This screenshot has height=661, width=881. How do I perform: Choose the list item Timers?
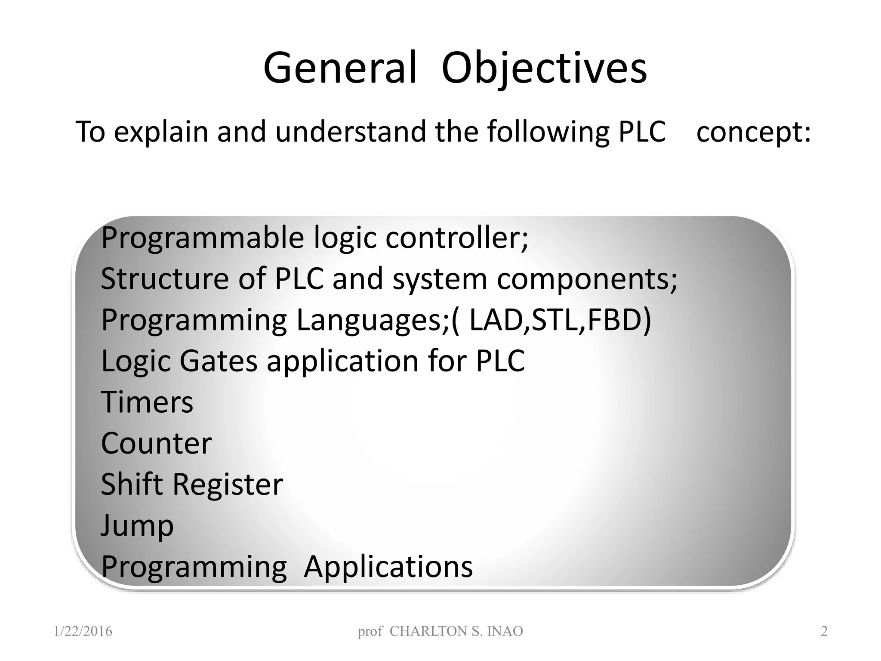pos(147,402)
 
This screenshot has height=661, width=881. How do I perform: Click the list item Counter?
pos(156,443)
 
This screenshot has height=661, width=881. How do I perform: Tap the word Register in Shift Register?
pos(228,485)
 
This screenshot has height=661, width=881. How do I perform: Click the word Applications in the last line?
pos(388,567)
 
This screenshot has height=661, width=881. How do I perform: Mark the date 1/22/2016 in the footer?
pos(83,631)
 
